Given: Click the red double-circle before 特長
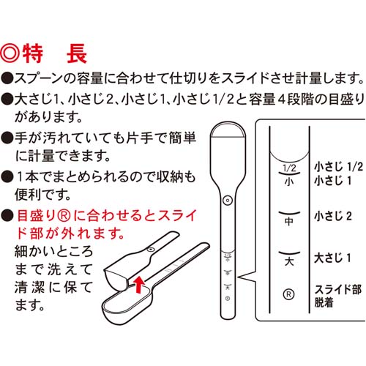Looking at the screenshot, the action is pos(10,53).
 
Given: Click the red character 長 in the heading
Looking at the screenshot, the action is pos(77,53).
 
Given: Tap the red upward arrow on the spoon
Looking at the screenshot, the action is pos(139,284).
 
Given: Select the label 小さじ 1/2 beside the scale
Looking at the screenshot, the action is pos(339,167).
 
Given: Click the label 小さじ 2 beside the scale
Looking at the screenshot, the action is pos(333,216).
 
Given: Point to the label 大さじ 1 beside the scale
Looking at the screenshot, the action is pos(332,258).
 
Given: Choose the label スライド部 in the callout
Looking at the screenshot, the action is pos(338,290).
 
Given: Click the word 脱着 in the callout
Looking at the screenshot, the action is pos(324,302).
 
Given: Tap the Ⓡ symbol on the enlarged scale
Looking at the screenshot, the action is pos(288,294).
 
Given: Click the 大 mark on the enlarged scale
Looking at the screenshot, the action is pos(289,262).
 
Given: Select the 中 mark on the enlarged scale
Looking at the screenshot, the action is pos(289,222).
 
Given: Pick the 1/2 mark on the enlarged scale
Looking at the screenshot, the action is pos(289,168).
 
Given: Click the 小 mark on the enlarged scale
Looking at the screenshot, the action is pos(289,182).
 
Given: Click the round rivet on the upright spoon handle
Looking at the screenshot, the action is pos(228,201).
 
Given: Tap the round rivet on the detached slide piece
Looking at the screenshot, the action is pos(152,250).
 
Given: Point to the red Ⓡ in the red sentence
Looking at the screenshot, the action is pos(64,216).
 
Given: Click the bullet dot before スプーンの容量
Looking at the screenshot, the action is pos(7,78).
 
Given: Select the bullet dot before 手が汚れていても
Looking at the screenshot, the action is pos(7,138).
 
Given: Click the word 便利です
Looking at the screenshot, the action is pos(43,195).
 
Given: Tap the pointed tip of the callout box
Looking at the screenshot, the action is pos(238,277).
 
